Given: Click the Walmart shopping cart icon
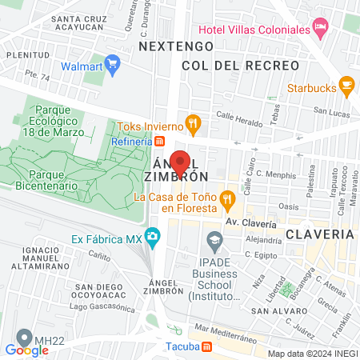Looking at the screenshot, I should pyautogui.click(x=112, y=62).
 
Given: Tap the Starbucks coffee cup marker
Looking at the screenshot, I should pyautogui.click(x=346, y=83).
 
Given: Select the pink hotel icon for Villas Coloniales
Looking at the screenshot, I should pyautogui.click(x=321, y=29).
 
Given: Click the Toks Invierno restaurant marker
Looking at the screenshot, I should pyautogui.click(x=192, y=124).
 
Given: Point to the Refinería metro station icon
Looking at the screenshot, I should pyautogui.click(x=160, y=142).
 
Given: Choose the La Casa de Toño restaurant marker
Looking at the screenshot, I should pyautogui.click(x=227, y=197).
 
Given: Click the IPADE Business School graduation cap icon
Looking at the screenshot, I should pyautogui.click(x=214, y=238).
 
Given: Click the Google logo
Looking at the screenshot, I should pyautogui.click(x=26, y=350).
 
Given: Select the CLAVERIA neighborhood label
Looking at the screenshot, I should pyautogui.click(x=319, y=234).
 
